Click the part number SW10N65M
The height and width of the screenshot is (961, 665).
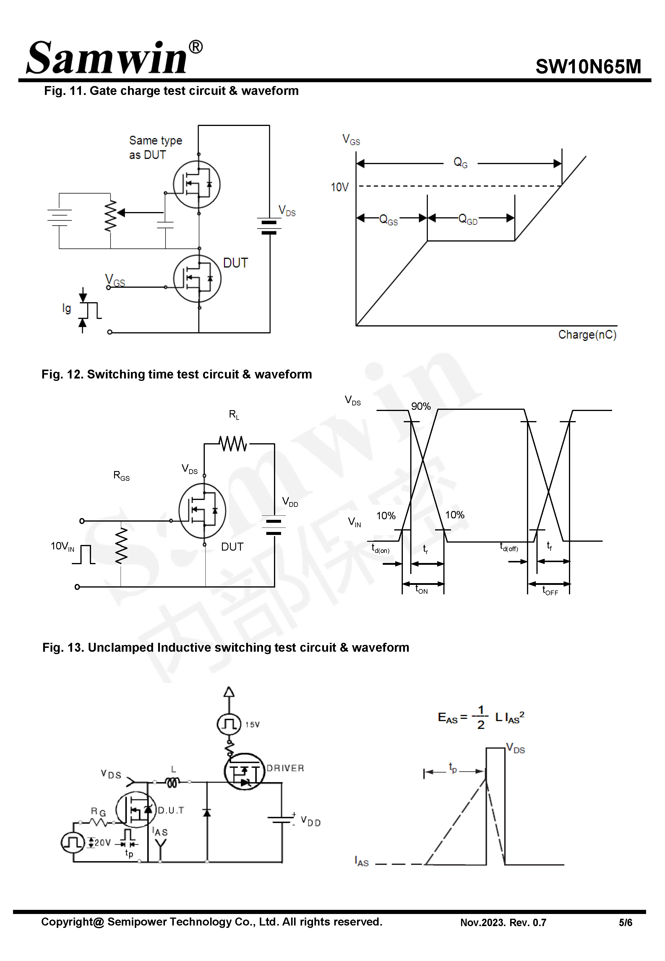pos(588,67)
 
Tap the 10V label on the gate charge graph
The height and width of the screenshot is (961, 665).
pos(339,187)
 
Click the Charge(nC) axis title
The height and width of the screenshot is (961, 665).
pos(587,335)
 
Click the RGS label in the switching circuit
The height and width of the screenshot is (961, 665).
pos(121,475)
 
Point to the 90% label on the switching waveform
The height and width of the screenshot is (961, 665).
pos(420,406)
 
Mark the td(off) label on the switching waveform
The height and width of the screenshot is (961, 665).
pos(508,547)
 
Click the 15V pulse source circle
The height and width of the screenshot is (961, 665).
pos(229,724)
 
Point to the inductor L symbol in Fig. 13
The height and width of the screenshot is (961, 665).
pos(173,783)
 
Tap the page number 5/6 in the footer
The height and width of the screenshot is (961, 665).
pos(625,923)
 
